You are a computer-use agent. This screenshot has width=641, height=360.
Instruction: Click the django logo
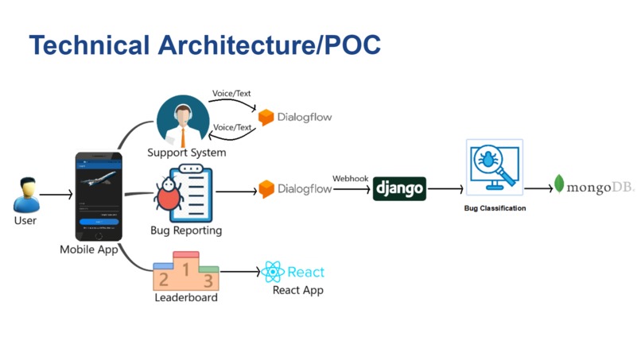pos(399,189)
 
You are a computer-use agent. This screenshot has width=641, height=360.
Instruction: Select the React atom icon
pos(273,273)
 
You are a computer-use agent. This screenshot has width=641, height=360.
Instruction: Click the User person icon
pos(25,194)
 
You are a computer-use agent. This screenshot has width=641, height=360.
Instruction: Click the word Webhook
pos(350,178)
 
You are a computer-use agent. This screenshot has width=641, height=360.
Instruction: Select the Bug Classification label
pos(495,209)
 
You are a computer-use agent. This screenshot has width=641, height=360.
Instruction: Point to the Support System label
pos(187,152)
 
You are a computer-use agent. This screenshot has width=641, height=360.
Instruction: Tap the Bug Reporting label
pos(186,230)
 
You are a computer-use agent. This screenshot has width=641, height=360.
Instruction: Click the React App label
pos(297,290)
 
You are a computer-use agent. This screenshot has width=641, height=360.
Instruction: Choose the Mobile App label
pos(89,250)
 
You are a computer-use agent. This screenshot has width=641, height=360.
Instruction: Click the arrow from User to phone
pos(56,194)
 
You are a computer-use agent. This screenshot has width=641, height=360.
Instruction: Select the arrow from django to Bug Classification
pos(448,189)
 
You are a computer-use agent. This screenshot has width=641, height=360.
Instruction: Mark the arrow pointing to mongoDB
pos(538,188)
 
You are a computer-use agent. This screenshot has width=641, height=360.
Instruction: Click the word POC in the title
pos(350,45)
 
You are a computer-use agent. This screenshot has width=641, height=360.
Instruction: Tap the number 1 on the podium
pos(186,269)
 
